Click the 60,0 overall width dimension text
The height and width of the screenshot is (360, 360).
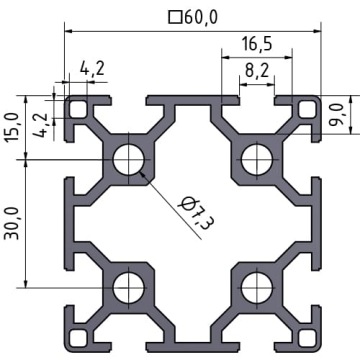click(x=200, y=17)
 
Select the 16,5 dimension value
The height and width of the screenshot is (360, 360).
click(x=257, y=44)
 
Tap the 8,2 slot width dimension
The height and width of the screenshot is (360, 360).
click(x=257, y=71)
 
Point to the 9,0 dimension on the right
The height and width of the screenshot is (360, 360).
click(x=337, y=114)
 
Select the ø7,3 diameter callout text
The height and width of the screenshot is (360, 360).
click(x=196, y=213)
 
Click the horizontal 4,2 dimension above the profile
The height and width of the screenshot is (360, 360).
click(x=92, y=69)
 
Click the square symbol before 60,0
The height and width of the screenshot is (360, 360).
click(x=175, y=18)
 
